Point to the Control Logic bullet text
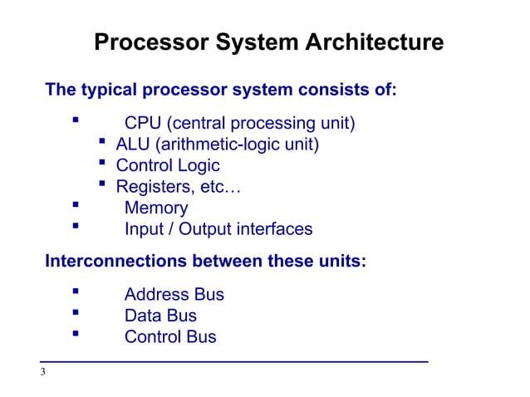click(168, 166)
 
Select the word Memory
click(155, 208)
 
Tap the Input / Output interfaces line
click(218, 229)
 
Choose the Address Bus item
click(174, 295)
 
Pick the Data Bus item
click(160, 316)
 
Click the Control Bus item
click(169, 337)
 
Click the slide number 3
click(43, 371)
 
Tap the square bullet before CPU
click(76, 123)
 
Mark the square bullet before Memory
click(76, 207)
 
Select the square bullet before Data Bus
click(76, 314)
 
